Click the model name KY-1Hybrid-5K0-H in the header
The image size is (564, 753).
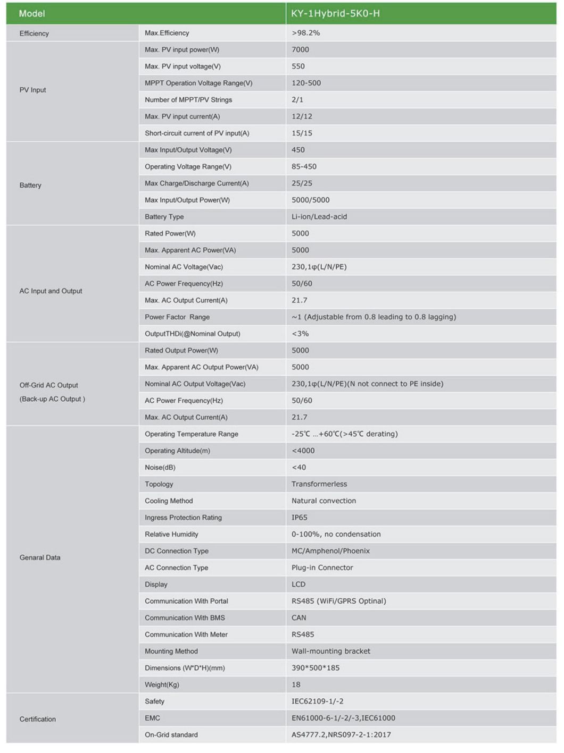coord(335,14)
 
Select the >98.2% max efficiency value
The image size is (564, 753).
coord(306,33)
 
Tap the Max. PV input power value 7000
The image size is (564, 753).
coord(300,49)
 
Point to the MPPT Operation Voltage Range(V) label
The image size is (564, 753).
coord(198,83)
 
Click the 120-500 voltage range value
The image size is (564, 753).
coord(306,83)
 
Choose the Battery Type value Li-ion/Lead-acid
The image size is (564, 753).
coord(319,217)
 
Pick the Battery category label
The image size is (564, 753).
coord(30,185)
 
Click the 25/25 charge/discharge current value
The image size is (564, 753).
coord(302,183)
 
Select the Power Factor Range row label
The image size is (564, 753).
coord(177,317)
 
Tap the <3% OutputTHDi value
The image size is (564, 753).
coord(300,334)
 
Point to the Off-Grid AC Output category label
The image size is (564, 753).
coord(49,385)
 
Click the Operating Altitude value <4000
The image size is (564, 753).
coord(303,451)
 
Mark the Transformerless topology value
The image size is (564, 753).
coord(319,484)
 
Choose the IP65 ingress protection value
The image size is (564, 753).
coord(299,518)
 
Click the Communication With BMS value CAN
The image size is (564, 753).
coord(298,618)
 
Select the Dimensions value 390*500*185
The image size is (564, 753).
coord(315,668)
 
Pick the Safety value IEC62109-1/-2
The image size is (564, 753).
coord(317,701)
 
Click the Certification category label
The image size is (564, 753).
coord(37,720)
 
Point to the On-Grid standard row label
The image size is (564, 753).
coord(171,735)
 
